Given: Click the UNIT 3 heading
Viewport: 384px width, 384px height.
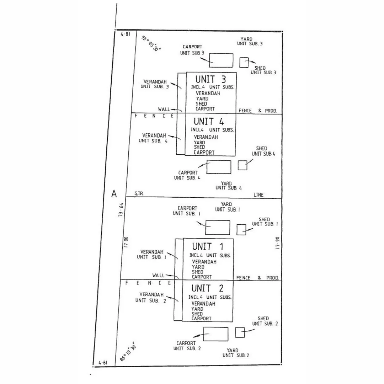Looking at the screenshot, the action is [210, 79].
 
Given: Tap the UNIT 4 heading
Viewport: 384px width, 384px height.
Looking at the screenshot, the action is [209, 122].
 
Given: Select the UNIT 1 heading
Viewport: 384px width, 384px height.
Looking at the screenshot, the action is [208, 246].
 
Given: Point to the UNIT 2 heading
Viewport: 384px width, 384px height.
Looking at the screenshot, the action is [207, 288].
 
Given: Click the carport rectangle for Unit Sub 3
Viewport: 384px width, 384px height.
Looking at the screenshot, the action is [221, 60].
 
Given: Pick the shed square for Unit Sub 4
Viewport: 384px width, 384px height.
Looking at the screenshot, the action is [242, 165].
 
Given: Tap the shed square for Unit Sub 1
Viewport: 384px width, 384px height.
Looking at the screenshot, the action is [241, 230].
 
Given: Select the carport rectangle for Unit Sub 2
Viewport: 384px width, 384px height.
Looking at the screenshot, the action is [216, 334].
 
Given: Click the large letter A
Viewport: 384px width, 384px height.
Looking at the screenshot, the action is [114, 194].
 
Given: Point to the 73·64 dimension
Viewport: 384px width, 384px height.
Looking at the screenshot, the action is [121, 210].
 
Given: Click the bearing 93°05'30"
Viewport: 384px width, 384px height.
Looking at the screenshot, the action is [151, 44].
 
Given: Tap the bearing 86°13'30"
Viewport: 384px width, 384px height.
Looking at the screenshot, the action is [128, 352].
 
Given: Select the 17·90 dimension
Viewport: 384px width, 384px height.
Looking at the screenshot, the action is [277, 243].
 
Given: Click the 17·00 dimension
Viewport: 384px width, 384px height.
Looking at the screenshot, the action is [126, 242].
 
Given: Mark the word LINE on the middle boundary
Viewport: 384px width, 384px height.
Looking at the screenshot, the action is [258, 195].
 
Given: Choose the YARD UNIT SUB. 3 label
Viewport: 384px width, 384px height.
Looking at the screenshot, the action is [250, 41].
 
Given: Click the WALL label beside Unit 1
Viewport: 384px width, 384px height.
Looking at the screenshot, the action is [159, 276].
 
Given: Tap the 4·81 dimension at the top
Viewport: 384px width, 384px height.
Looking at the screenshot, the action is [126, 34].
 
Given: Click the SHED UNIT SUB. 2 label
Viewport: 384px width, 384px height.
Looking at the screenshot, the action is [265, 321].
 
